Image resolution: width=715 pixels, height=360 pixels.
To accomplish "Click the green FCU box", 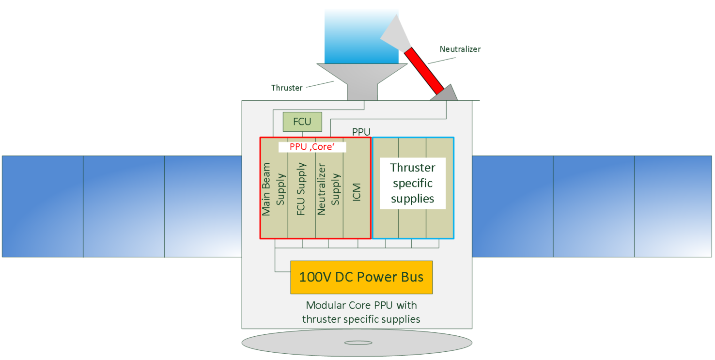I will pos(302,121).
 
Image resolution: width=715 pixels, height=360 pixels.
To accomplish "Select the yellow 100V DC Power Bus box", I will pos(361,277).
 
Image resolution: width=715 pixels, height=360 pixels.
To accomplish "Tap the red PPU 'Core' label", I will pos(312,147).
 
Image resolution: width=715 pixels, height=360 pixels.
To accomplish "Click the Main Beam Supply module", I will pos(274,194).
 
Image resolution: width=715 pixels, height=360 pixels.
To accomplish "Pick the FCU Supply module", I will pos(301,194).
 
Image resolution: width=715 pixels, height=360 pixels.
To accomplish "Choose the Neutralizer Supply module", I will pos(329,194).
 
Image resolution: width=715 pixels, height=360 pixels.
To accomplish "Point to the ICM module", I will pos(357,194).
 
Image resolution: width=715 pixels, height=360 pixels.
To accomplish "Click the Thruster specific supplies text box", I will pos(412,183).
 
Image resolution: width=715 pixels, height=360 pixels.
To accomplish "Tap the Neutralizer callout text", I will pos(460,49).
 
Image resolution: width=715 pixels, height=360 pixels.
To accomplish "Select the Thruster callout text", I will pos(287,88).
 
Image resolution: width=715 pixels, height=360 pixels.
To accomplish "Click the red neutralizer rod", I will pos(424,70).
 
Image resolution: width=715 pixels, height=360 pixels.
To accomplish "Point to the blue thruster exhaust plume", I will pos(361,34).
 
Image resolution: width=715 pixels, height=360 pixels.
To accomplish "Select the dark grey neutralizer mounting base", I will pos(445,94).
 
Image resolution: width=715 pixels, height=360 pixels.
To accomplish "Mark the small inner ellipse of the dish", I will pos(357,343).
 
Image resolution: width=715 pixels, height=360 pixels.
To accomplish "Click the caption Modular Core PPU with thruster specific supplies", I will pos(361,312).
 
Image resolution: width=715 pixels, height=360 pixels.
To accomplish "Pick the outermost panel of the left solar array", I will pos(43,206).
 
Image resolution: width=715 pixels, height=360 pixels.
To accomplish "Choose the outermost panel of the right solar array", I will pos(673,206).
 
